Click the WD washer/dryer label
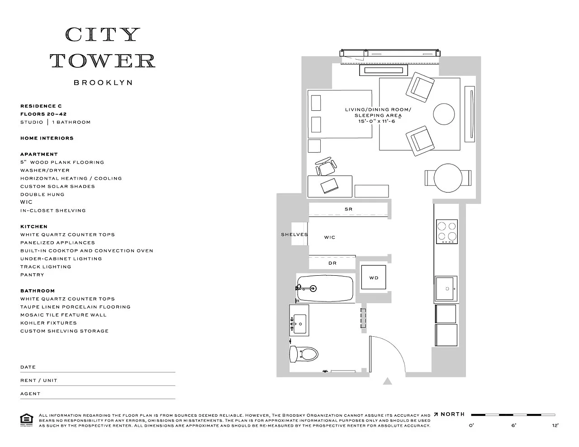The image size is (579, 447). [x=374, y=278]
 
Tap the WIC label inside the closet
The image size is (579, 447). [x=330, y=237]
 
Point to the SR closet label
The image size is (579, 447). [x=348, y=209]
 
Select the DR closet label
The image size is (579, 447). [x=332, y=263]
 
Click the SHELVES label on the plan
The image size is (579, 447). [x=294, y=235]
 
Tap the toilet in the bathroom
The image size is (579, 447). [x=304, y=354]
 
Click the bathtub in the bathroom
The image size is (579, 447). [x=325, y=289]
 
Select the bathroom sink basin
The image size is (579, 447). [x=299, y=324]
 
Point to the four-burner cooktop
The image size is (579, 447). [x=447, y=231]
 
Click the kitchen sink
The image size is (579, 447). [x=445, y=289]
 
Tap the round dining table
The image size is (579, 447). [x=448, y=178]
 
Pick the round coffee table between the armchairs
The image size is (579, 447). [x=444, y=114]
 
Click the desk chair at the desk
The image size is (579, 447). [x=326, y=166]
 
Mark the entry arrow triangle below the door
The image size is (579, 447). [x=387, y=381]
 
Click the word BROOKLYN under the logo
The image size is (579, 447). [x=103, y=83]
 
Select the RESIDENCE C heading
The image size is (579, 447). [x=41, y=106]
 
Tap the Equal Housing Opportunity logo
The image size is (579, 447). [x=27, y=420]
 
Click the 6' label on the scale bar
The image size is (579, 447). [x=514, y=425]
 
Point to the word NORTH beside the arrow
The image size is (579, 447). [x=453, y=414]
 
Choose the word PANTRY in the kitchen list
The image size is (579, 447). [x=32, y=275]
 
